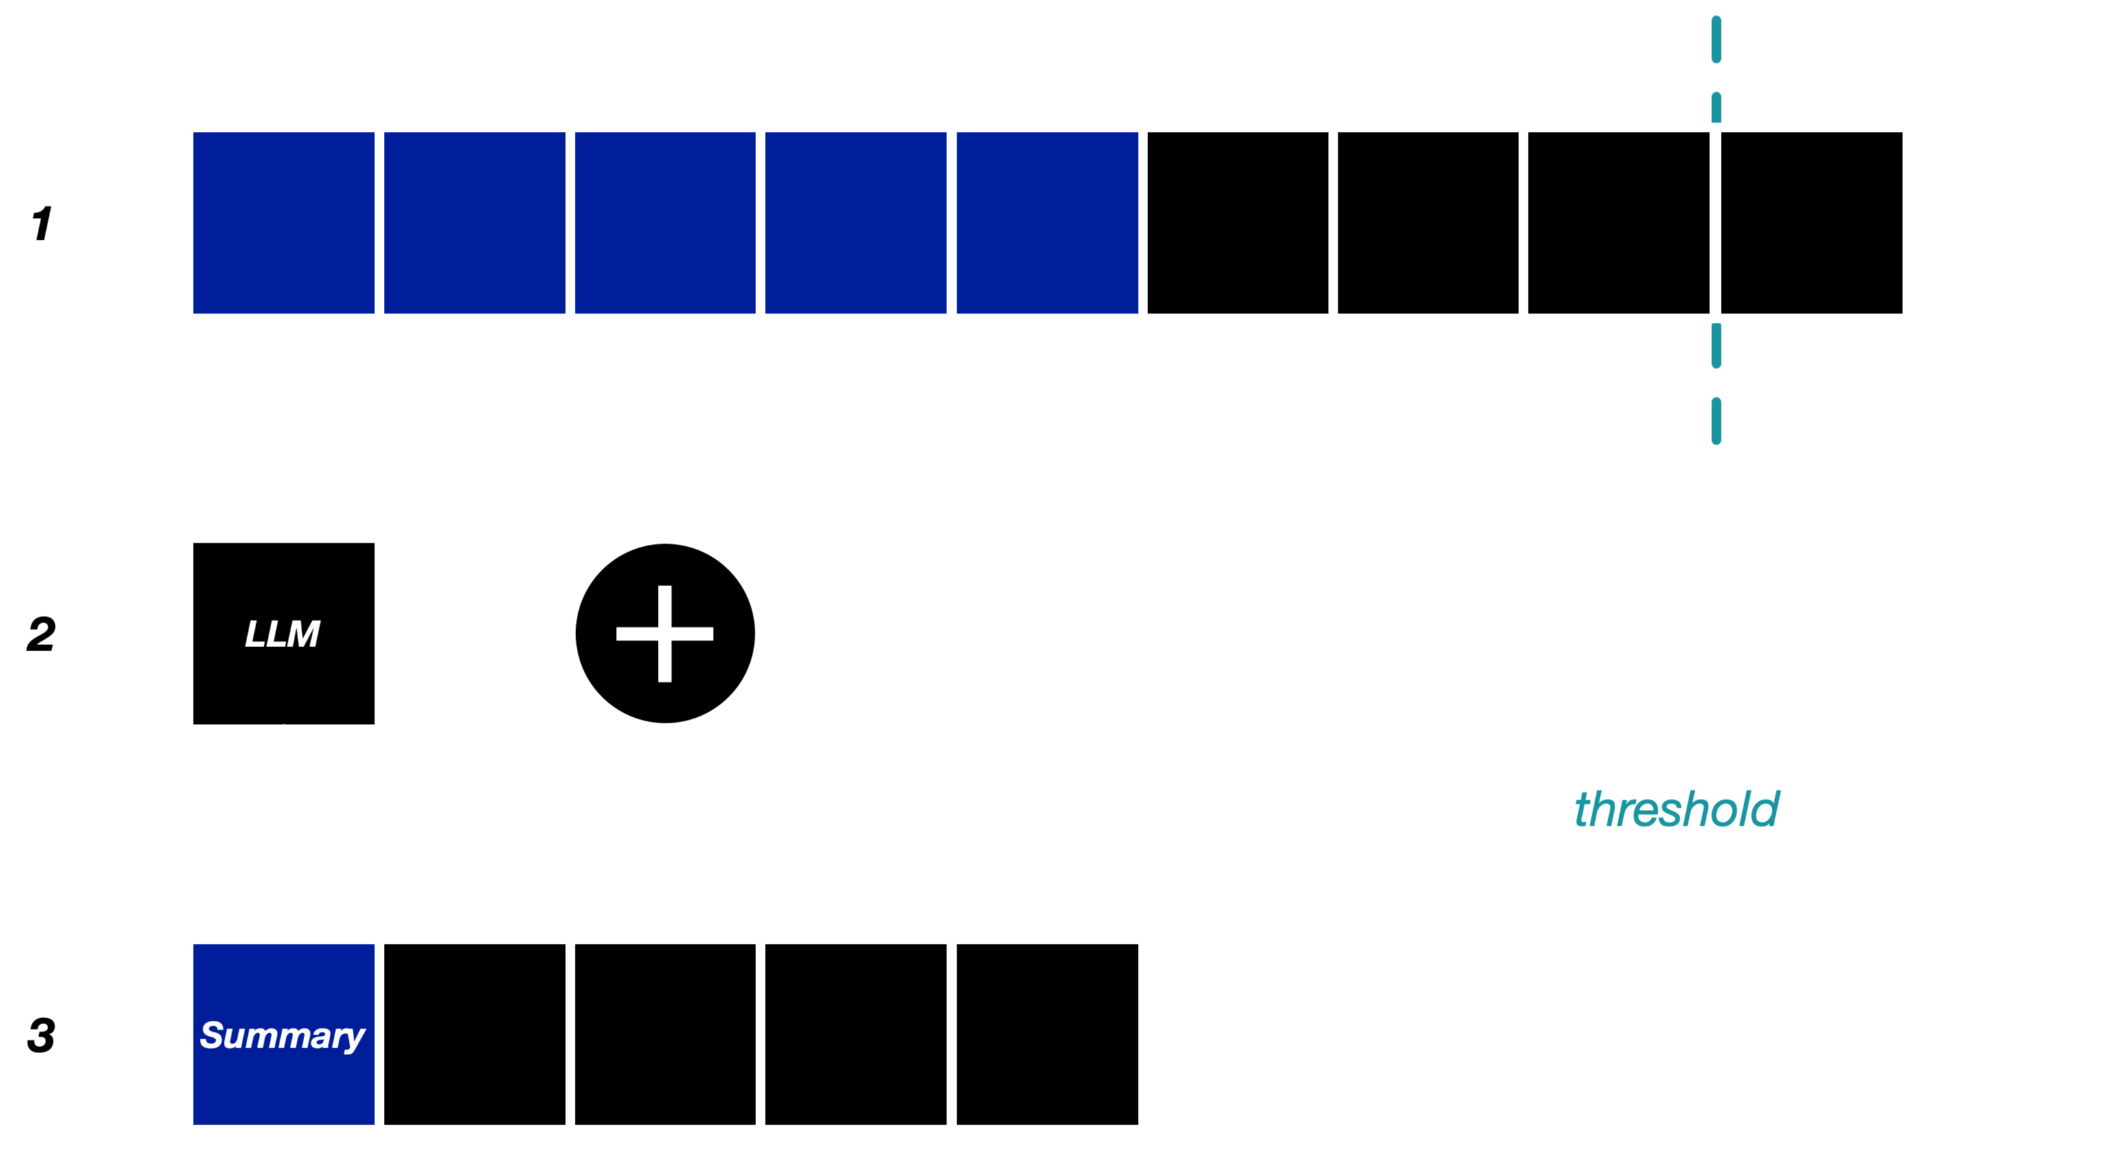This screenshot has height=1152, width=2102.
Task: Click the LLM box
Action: [283, 633]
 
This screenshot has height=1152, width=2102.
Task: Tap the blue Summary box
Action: [283, 1035]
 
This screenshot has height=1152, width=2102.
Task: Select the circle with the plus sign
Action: [665, 633]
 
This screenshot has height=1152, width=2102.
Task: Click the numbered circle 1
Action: [43, 223]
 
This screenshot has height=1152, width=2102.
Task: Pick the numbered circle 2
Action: [43, 633]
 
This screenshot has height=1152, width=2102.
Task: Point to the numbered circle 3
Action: [43, 1035]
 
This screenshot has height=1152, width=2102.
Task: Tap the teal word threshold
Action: [1676, 810]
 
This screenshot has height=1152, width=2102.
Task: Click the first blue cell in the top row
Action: [283, 223]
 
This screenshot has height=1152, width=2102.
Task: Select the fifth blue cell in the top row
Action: [1047, 223]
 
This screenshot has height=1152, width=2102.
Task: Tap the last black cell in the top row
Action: [1812, 223]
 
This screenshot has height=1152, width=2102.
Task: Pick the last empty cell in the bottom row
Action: [1047, 1035]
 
